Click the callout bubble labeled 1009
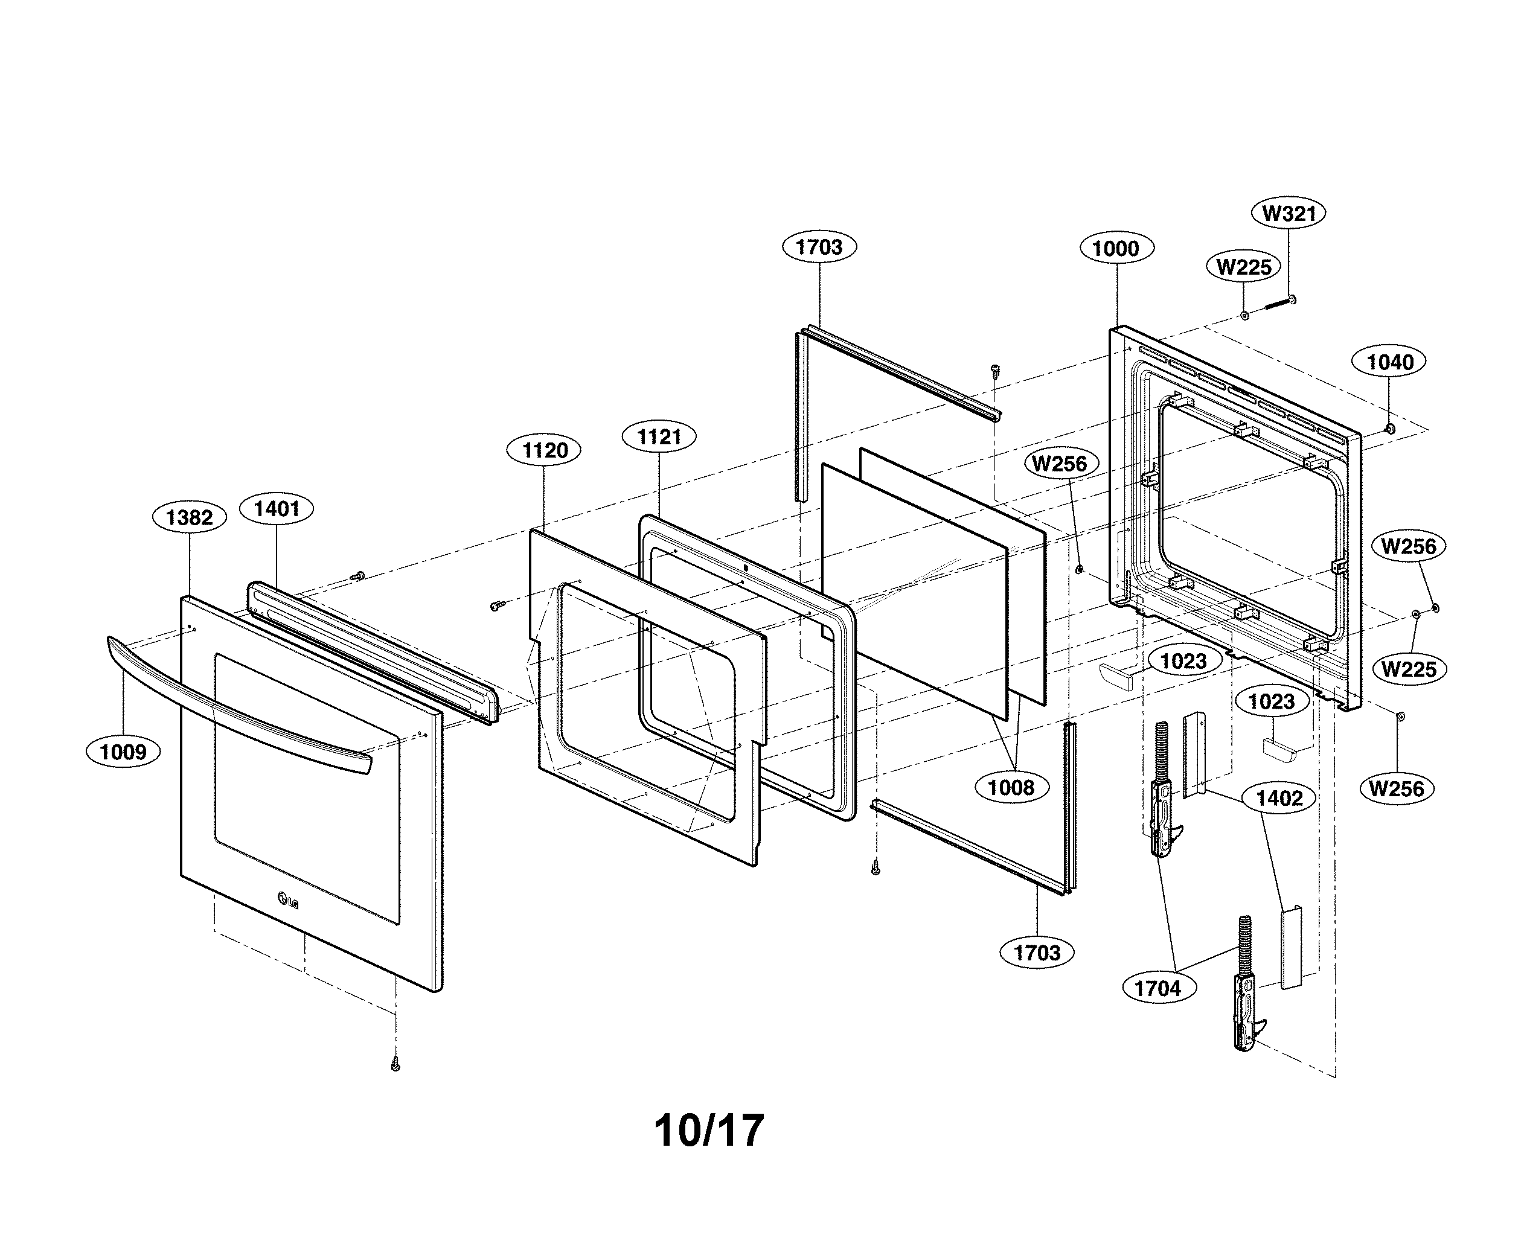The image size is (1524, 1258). coord(123,752)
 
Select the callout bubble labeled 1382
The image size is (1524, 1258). coord(189,517)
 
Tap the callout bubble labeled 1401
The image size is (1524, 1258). coord(276,509)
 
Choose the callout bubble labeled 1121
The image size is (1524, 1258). coord(659,436)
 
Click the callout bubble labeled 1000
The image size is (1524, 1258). coord(1116,249)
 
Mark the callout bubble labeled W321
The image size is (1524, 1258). coord(1289,213)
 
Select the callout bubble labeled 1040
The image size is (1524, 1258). coord(1389,362)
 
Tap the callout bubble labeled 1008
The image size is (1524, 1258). coord(1011,787)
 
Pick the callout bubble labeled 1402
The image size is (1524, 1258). coord(1279,798)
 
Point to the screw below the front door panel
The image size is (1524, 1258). coord(395,1064)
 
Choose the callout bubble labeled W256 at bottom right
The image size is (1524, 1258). coord(1397,788)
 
